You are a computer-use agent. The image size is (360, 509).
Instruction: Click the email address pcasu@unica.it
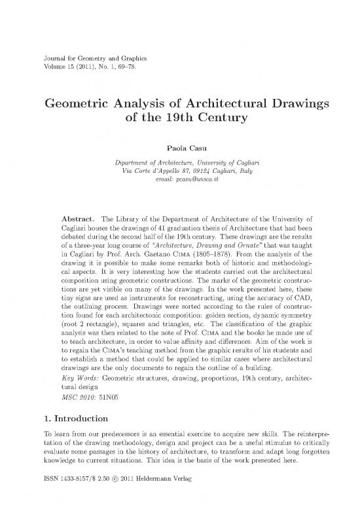coord(193,179)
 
